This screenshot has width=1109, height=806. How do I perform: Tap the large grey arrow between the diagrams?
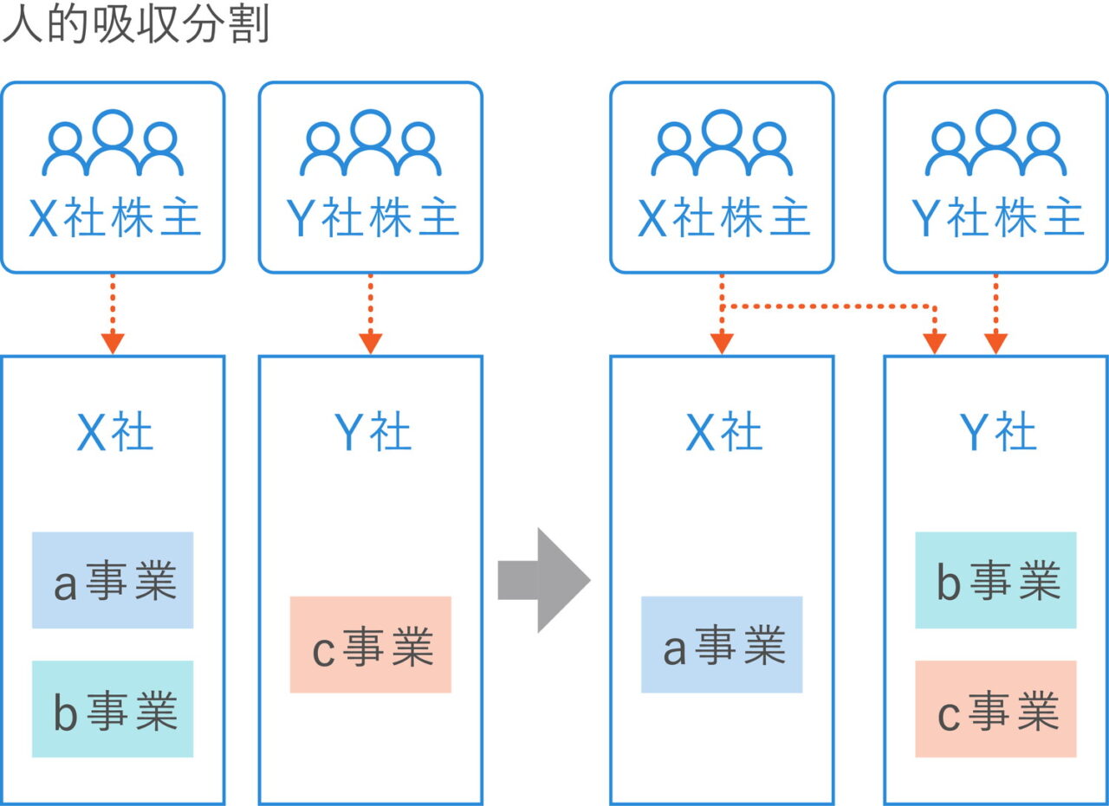pos(544,579)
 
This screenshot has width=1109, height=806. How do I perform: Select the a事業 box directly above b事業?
pos(113,580)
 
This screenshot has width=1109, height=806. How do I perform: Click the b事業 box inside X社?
pos(113,709)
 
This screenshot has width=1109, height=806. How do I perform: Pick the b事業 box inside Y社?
pos(996,580)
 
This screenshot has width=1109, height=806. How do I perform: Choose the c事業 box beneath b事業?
pos(996,709)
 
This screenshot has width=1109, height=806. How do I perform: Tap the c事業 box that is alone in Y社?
pos(371,645)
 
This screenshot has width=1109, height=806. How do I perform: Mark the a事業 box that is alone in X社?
pos(722,645)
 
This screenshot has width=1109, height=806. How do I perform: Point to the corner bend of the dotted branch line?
pos(933,307)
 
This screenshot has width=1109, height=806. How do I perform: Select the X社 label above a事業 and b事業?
pos(114,432)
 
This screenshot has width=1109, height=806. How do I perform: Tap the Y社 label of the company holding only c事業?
pos(372,432)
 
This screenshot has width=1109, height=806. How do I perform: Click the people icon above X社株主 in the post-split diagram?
pos(722,142)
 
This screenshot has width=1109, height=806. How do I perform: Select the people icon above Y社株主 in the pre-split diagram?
pos(371,142)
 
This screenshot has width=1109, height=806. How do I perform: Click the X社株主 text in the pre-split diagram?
pos(114,219)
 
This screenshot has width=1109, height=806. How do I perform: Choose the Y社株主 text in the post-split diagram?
pos(997,219)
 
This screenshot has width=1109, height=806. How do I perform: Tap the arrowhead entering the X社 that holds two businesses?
pos(113,344)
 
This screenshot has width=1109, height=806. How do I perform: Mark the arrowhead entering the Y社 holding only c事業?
pos(371,344)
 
